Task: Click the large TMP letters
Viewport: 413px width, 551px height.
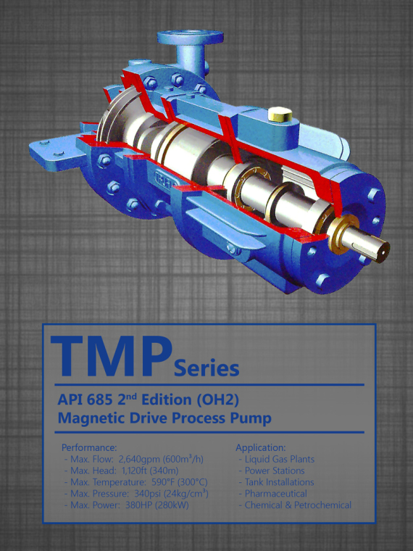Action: click(112, 356)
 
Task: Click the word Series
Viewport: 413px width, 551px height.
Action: click(206, 368)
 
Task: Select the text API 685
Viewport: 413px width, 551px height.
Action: click(85, 400)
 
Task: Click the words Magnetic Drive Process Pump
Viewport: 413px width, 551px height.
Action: click(164, 418)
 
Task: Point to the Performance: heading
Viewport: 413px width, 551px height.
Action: click(89, 448)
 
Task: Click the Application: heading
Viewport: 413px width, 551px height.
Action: click(261, 448)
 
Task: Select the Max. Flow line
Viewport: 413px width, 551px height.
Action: click(134, 459)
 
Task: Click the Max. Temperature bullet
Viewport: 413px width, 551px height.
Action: click(136, 482)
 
